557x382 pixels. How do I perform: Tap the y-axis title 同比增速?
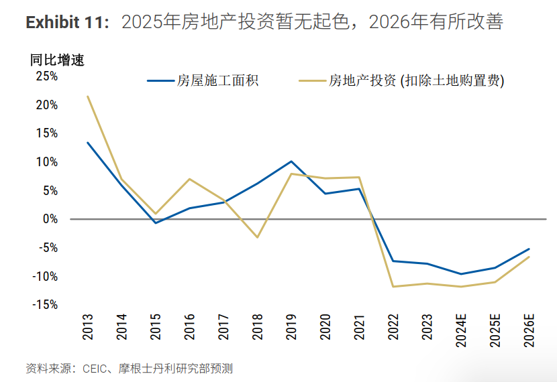57,60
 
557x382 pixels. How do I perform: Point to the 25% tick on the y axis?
46,76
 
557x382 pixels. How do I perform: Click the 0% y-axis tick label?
50,219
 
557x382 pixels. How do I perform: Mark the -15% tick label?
45,304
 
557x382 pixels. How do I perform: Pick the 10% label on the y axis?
46,162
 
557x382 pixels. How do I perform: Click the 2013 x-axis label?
87,326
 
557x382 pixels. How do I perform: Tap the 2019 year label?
291,326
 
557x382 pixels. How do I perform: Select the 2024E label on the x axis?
461,330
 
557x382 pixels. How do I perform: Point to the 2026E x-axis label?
529,330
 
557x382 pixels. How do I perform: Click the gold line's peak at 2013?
87,96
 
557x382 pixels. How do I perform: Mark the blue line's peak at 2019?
291,162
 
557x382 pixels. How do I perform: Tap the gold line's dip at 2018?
257,237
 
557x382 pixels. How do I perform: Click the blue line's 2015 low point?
156,222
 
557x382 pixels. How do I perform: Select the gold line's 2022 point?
393,287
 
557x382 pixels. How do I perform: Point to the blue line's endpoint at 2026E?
529,249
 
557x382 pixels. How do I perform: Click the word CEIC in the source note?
95,369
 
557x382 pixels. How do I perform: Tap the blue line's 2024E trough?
461,274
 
